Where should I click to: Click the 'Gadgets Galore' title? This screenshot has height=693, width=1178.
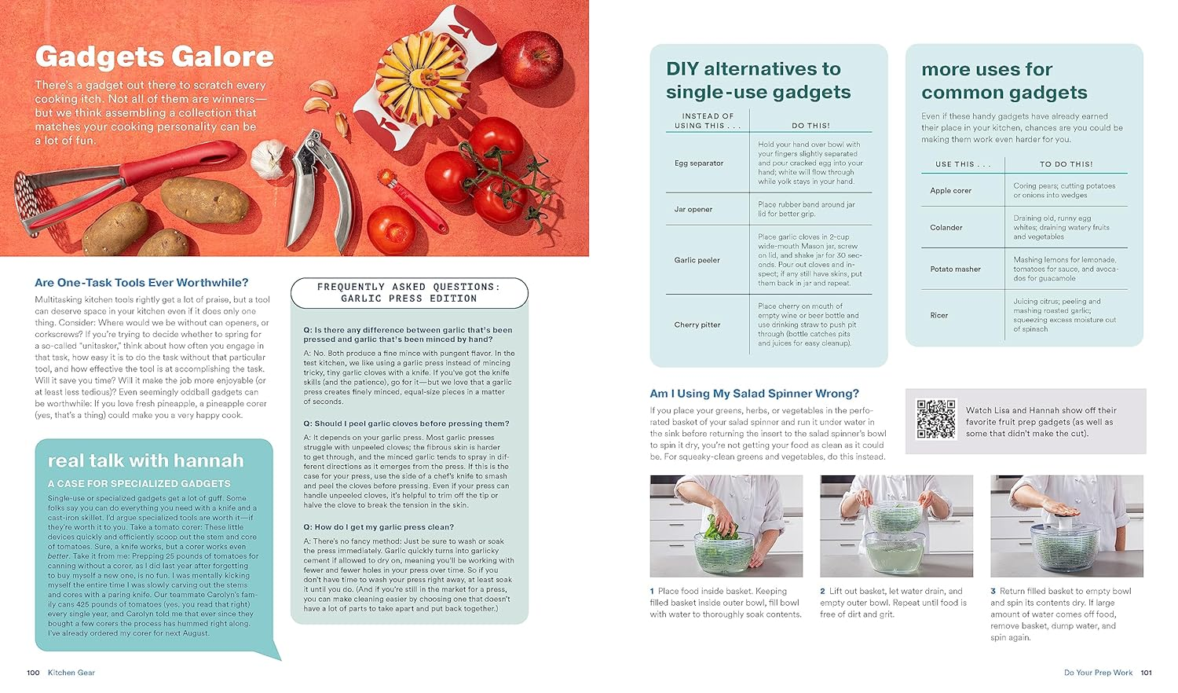pyautogui.click(x=154, y=57)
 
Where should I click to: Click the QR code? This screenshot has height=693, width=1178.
pyautogui.click(x=935, y=420)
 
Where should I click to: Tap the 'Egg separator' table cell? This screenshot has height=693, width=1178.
pyautogui.click(x=698, y=163)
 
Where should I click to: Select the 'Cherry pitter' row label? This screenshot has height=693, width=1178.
pyautogui.click(x=697, y=324)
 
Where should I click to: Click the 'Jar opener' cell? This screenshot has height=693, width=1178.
pyautogui.click(x=693, y=210)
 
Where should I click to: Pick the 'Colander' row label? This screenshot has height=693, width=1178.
pyautogui.click(x=946, y=228)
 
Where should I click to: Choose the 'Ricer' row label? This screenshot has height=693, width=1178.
pyautogui.click(x=938, y=315)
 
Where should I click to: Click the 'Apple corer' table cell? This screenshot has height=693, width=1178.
pyautogui.click(x=950, y=191)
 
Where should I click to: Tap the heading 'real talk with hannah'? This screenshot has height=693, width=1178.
pyautogui.click(x=145, y=460)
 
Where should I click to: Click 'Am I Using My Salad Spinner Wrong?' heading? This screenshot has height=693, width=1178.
pyautogui.click(x=754, y=394)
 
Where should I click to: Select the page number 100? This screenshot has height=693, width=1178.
pyautogui.click(x=33, y=673)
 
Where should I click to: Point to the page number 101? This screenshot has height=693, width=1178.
pyautogui.click(x=1146, y=673)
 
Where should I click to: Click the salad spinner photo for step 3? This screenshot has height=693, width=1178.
pyautogui.click(x=1066, y=526)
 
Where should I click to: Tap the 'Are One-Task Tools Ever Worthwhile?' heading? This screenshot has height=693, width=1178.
pyautogui.click(x=141, y=283)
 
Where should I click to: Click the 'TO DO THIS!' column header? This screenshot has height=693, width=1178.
pyautogui.click(x=1066, y=164)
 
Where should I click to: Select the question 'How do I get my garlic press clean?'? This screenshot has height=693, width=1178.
pyautogui.click(x=379, y=527)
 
